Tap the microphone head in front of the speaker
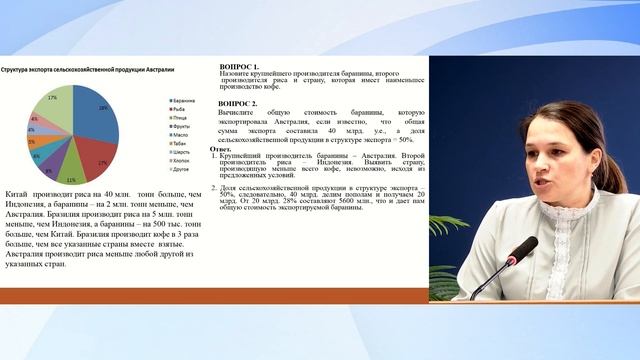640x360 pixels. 518,248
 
